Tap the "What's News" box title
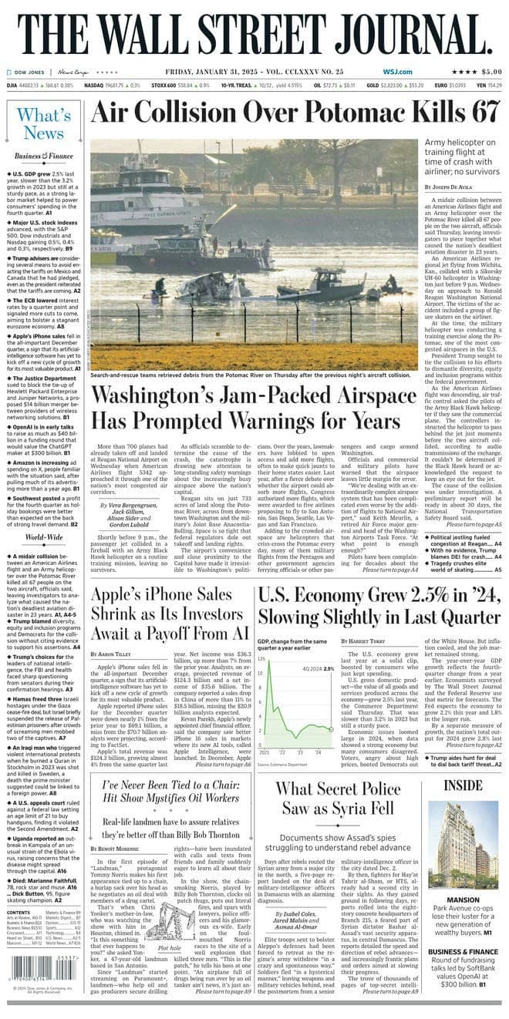(x=45, y=124)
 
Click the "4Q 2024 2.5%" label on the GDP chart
(x=319, y=668)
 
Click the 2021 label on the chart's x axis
(x=265, y=751)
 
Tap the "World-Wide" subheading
(x=44, y=536)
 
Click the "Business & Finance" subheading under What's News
(x=44, y=156)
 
